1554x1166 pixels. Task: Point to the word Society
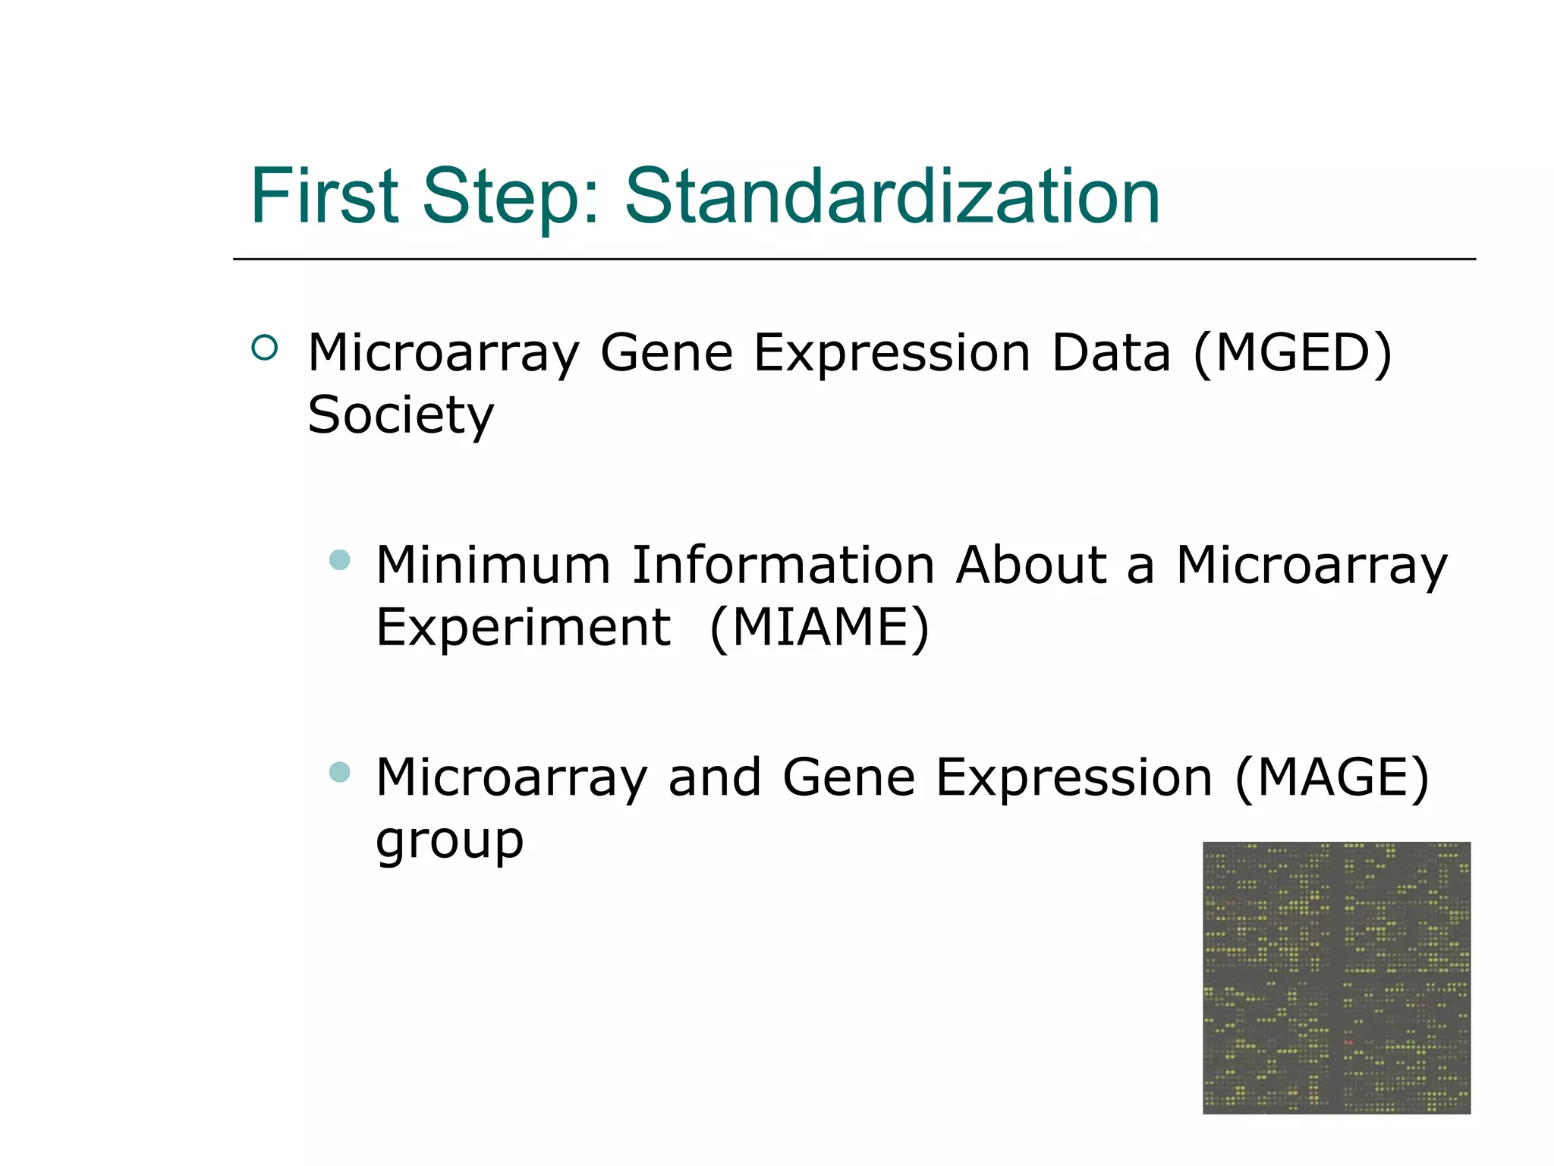pos(400,416)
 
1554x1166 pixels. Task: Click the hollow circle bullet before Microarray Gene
pos(264,348)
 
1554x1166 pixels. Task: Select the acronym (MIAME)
pos(819,628)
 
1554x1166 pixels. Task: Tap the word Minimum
pos(492,566)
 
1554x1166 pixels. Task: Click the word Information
pos(782,566)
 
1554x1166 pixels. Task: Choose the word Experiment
pos(523,628)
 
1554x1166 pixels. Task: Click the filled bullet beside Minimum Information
pos(340,560)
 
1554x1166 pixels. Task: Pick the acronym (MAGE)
pos(1332,778)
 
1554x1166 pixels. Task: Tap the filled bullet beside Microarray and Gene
pos(340,772)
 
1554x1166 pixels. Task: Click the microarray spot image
pos(1335,978)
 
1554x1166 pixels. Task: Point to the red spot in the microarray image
pos(1348,1042)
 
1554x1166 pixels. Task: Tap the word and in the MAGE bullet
pos(714,778)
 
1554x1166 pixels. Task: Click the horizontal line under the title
pos(854,259)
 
